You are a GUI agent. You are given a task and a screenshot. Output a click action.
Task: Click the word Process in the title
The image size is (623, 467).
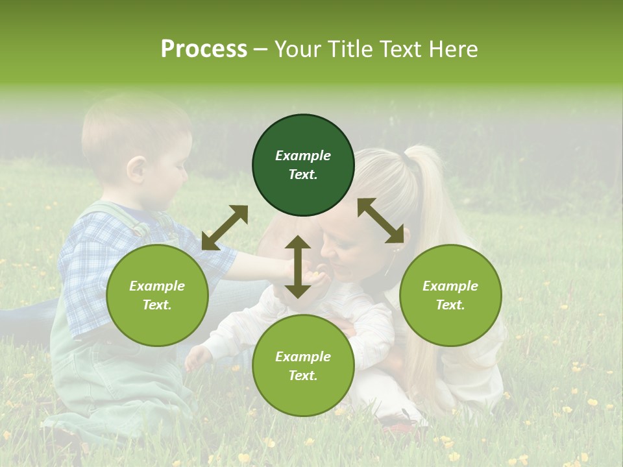point(204,49)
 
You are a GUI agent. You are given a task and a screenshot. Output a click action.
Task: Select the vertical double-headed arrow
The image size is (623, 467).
point(298,267)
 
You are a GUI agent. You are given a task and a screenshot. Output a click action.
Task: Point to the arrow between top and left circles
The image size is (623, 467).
point(225,228)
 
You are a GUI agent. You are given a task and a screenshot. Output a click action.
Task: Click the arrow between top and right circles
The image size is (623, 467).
point(380,221)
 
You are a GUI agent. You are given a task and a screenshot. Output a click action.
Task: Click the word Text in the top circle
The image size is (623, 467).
point(303,174)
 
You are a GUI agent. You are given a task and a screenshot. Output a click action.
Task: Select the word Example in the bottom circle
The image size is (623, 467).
point(303,357)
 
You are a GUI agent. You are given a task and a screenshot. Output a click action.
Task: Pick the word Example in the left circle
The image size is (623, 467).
point(157,286)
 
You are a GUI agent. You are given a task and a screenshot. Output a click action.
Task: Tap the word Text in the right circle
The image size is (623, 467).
point(450,305)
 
